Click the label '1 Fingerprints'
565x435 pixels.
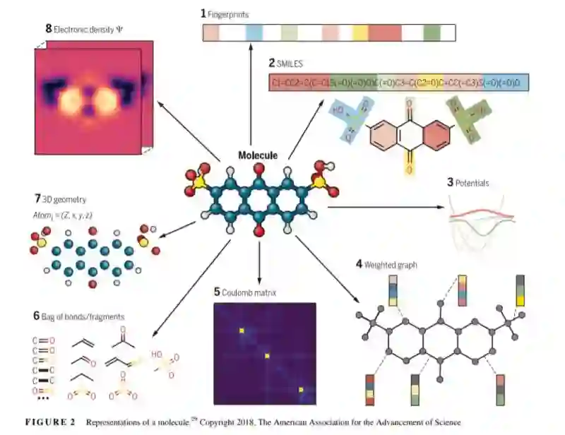coord(225,13)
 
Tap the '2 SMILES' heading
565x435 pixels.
coord(290,64)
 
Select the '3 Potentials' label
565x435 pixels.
coord(467,183)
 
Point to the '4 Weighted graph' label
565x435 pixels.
coord(386,264)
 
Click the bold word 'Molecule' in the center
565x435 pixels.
coord(257,155)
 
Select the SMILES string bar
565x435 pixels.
coord(400,83)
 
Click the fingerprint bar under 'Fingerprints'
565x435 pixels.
coord(328,32)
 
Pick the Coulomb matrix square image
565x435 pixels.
coord(265,353)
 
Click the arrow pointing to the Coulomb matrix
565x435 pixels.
coord(261,265)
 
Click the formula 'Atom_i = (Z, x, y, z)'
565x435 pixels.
coord(60,214)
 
